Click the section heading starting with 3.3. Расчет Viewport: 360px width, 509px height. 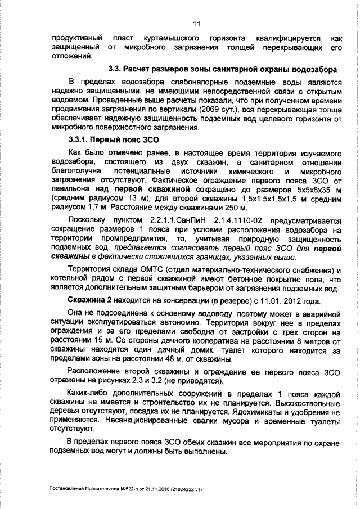click(222, 69)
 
